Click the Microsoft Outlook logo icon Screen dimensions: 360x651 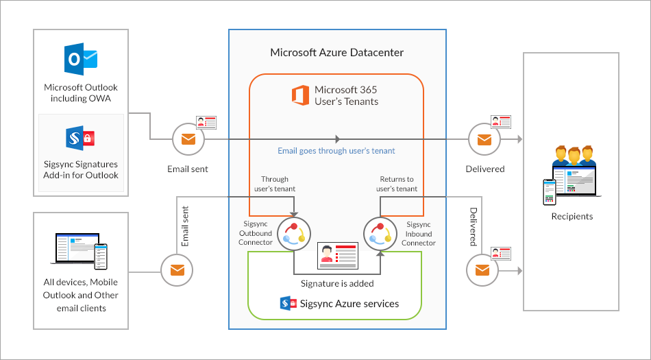[80, 60]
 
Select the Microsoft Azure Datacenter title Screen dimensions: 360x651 [336, 52]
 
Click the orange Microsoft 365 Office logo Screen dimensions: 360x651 [299, 95]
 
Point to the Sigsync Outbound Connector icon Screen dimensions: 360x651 [294, 233]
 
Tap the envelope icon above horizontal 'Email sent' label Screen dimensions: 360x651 [187, 140]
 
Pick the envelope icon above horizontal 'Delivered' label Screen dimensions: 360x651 [484, 140]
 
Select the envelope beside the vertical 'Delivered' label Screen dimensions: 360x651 [482, 270]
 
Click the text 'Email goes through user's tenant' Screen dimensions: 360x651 [336, 151]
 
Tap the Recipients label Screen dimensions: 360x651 [572, 217]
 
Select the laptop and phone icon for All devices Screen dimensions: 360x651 [81, 250]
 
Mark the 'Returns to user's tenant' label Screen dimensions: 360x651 [397, 184]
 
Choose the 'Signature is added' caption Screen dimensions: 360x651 [337, 283]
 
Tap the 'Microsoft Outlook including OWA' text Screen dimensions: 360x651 [81, 93]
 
